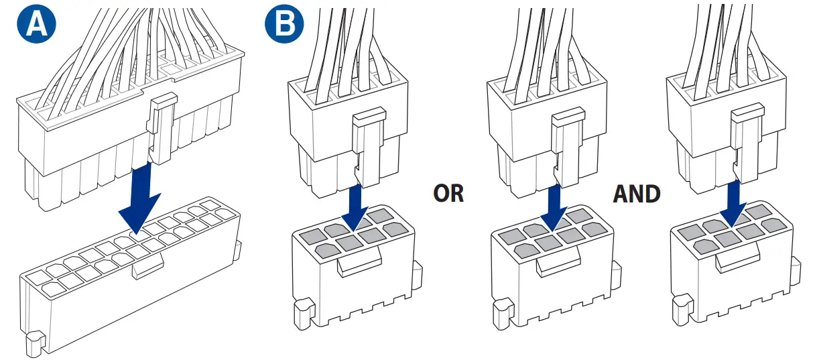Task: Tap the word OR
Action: point(448,194)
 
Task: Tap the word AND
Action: point(636,194)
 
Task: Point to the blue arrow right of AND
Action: point(735,201)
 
